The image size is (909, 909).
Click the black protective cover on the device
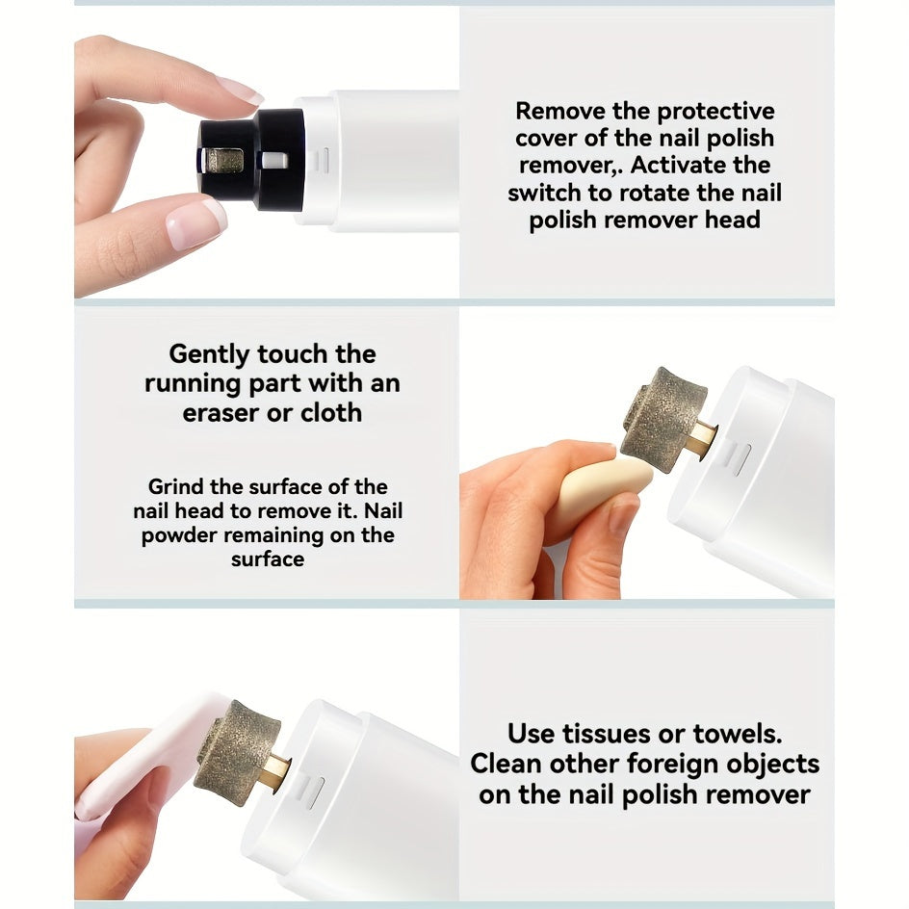[x=252, y=160]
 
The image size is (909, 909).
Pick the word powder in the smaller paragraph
[x=179, y=536]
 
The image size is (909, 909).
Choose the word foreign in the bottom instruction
[x=673, y=764]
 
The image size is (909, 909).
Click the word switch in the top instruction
[x=545, y=193]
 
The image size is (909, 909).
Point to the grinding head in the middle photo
[x=663, y=418]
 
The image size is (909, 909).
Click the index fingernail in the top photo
[x=240, y=91]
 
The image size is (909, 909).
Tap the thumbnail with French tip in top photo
[x=195, y=222]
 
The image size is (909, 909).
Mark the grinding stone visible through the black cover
[x=222, y=162]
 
